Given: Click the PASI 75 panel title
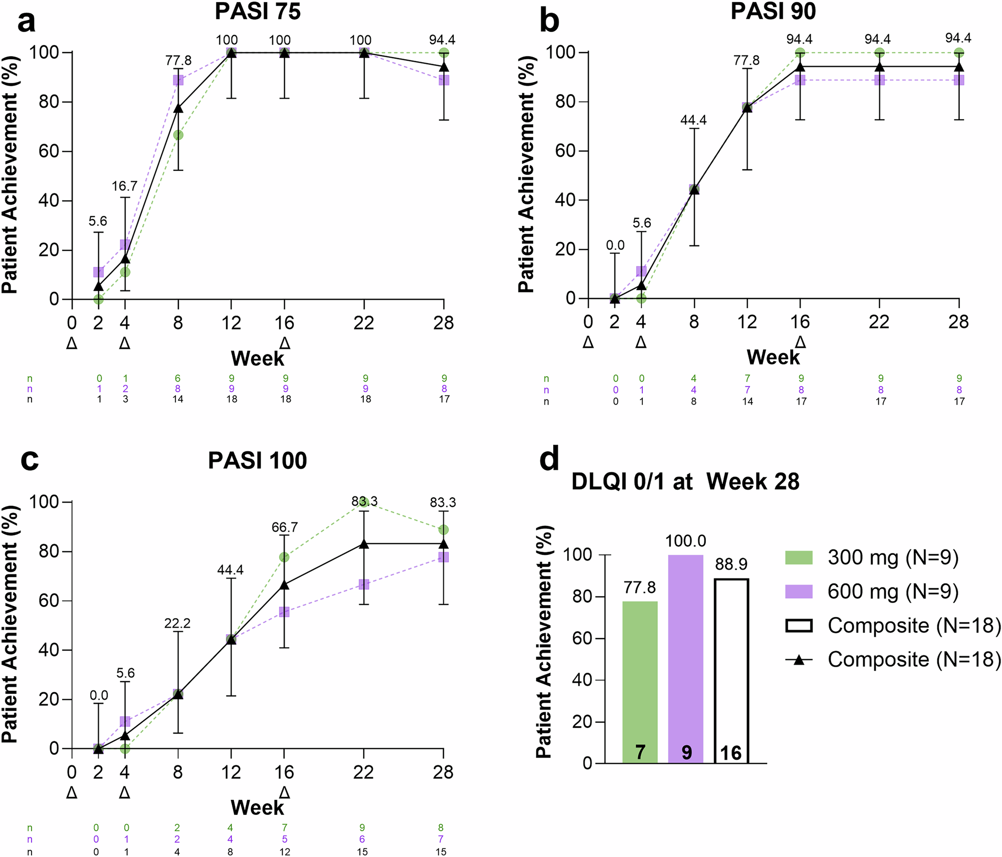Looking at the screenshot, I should (x=258, y=12).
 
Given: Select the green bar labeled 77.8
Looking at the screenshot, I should (x=640, y=681).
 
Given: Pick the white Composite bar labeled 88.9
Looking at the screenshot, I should (x=731, y=671).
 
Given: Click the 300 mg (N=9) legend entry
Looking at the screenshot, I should (x=872, y=557).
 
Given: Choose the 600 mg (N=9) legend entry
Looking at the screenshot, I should (x=872, y=592).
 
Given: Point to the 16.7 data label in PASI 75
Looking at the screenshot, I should (x=124, y=186).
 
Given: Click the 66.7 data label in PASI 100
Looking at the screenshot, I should (x=285, y=527).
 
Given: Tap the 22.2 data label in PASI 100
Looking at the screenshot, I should (x=178, y=624).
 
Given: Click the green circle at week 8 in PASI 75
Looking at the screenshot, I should (x=178, y=135).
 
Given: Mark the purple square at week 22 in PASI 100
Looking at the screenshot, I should (x=364, y=585).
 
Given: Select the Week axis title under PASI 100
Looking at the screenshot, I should (x=258, y=807).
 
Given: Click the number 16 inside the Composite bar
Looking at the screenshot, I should (x=731, y=753).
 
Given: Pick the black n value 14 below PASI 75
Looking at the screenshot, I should (x=178, y=399).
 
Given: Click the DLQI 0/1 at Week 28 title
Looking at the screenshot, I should (x=685, y=482).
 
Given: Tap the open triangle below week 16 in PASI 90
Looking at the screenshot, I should (x=801, y=343).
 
